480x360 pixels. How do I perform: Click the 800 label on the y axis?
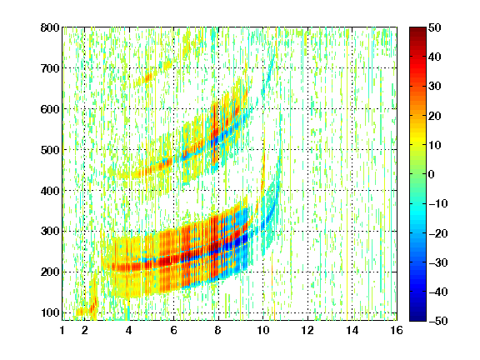click(50, 27)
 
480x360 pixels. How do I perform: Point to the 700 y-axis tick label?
click(50, 68)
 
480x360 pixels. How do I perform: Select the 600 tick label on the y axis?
click(50, 109)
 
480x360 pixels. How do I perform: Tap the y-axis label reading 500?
click(50, 150)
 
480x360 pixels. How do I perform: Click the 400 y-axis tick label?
click(50, 191)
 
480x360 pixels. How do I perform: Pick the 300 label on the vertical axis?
click(50, 232)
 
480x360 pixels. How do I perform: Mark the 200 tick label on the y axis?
click(50, 272)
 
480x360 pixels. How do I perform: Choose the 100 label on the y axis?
click(50, 312)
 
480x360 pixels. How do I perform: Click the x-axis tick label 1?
click(62, 330)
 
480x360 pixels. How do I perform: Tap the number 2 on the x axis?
click(85, 330)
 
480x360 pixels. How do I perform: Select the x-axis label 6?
click(174, 330)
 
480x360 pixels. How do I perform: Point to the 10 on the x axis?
click(263, 330)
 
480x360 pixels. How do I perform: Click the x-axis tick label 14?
click(352, 330)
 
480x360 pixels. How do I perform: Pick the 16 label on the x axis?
click(397, 330)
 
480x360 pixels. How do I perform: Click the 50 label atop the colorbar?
click(434, 27)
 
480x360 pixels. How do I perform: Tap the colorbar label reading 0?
click(432, 174)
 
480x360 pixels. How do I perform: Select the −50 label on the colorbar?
click(438, 321)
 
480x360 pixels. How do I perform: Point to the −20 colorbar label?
click(438, 233)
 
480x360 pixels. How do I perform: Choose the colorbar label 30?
click(434, 87)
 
